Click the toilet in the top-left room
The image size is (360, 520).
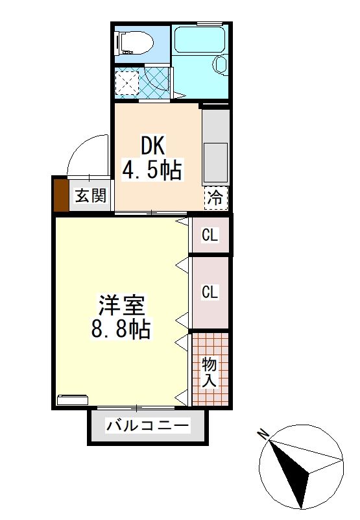coord(135,44)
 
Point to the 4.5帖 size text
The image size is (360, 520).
coord(152,170)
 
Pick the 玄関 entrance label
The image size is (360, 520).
coord(90,195)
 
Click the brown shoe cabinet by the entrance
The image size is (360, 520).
coord(60,195)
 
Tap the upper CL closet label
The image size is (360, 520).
coord(210,235)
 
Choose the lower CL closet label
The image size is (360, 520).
coord(210,293)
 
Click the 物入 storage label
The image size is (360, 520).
coord(209,372)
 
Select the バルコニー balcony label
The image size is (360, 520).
coord(149,427)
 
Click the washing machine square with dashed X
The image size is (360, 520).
coord(127,82)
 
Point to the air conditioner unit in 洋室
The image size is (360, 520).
coord(72,400)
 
